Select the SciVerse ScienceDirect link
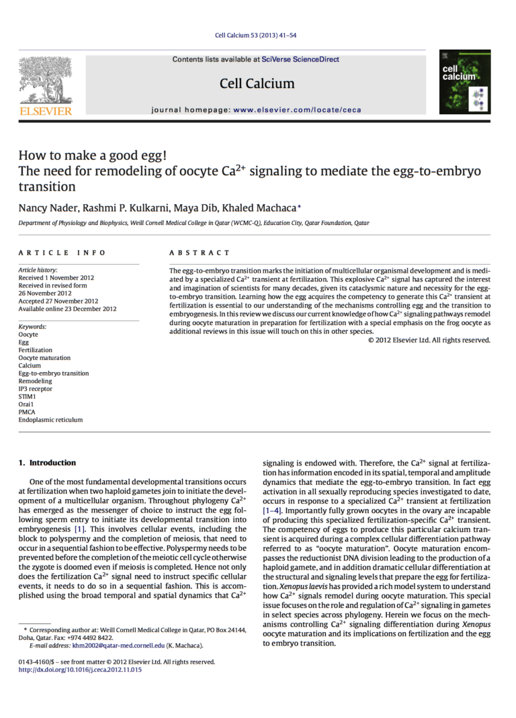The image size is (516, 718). [x=300, y=59]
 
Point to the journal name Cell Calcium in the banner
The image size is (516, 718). [x=257, y=83]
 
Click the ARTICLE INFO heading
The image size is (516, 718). [x=62, y=253]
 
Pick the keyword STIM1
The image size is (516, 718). [x=27, y=396]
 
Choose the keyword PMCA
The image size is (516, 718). [x=27, y=412]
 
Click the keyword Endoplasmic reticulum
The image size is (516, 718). [x=50, y=420]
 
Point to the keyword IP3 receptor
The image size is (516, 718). [x=35, y=389]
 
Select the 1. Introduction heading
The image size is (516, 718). [x=47, y=463]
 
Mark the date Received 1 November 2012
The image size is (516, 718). [x=56, y=277]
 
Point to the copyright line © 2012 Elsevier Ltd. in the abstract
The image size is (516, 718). [x=429, y=340]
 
